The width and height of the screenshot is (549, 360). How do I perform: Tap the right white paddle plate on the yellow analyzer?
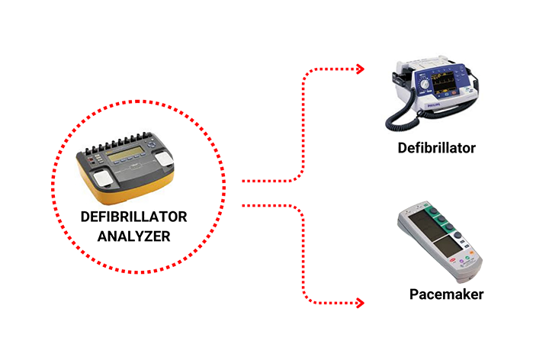[167, 159]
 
